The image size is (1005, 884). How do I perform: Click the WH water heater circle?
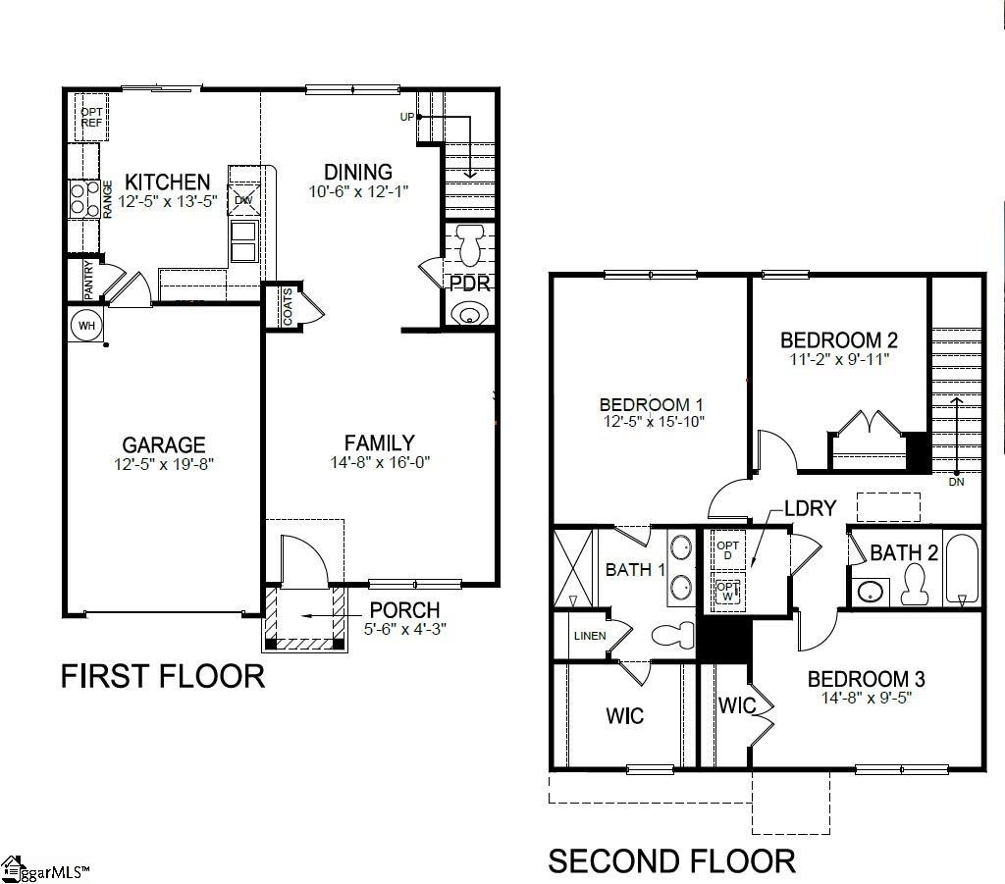tap(86, 325)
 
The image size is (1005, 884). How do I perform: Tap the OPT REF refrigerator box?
tap(91, 117)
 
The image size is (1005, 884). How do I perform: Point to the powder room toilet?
tap(468, 244)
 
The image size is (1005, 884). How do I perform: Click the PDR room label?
tap(469, 285)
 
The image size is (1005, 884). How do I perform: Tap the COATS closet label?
tap(288, 307)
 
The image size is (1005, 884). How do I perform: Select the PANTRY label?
tap(89, 279)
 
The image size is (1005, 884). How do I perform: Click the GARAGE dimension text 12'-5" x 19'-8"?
tap(163, 463)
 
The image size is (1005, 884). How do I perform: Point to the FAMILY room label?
tap(379, 442)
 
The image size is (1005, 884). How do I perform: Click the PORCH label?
tap(404, 610)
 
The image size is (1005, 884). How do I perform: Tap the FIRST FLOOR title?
tap(163, 676)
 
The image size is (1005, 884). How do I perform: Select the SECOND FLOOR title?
tap(671, 860)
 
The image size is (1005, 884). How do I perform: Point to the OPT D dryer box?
tap(727, 550)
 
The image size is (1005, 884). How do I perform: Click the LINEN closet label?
tap(589, 636)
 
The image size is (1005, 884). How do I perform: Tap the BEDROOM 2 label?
tap(839, 340)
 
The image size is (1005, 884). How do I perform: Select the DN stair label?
tap(956, 482)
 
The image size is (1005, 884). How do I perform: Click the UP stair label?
tap(406, 117)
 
